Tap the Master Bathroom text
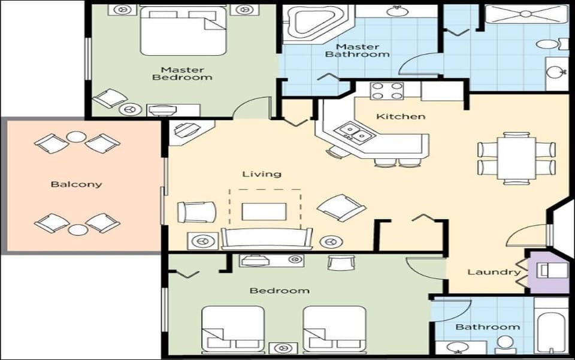tap(357, 50)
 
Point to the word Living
tap(262, 174)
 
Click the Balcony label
tap(76, 184)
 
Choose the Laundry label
tap(494, 272)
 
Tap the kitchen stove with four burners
tap(387, 91)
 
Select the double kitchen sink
tap(352, 133)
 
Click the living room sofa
tap(266, 238)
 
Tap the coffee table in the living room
tap(264, 211)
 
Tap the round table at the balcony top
tap(77, 137)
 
